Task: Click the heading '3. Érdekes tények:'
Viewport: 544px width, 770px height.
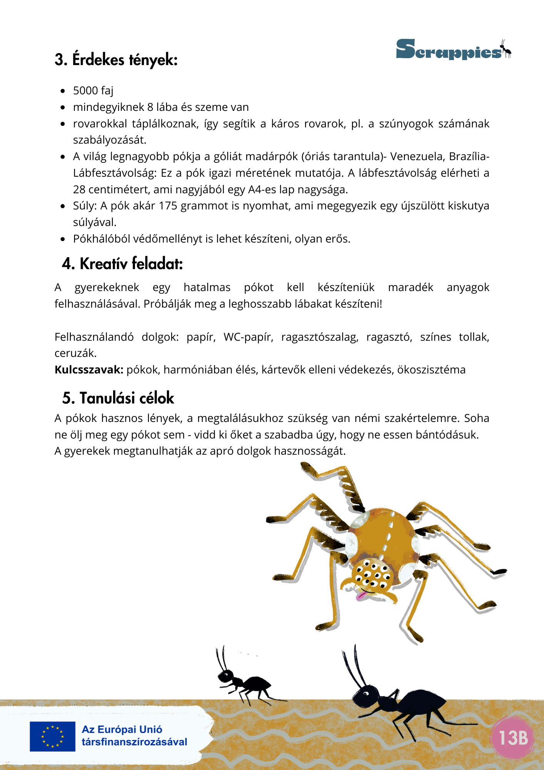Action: coord(116,60)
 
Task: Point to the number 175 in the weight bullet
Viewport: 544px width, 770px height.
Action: coord(168,206)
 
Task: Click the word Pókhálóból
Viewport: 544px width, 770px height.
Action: coord(101,239)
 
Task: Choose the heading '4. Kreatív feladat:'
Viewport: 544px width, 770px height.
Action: coord(122,264)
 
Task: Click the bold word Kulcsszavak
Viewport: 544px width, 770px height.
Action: coord(89,370)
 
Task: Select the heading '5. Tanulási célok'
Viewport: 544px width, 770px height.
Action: coord(118,398)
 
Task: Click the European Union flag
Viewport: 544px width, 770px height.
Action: coord(52,736)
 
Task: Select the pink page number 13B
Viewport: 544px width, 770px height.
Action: coord(513,738)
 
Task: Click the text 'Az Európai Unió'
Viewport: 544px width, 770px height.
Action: coord(122,730)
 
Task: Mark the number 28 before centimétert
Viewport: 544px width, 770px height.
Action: coord(79,190)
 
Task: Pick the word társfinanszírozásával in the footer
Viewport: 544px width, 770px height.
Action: coord(134,742)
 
